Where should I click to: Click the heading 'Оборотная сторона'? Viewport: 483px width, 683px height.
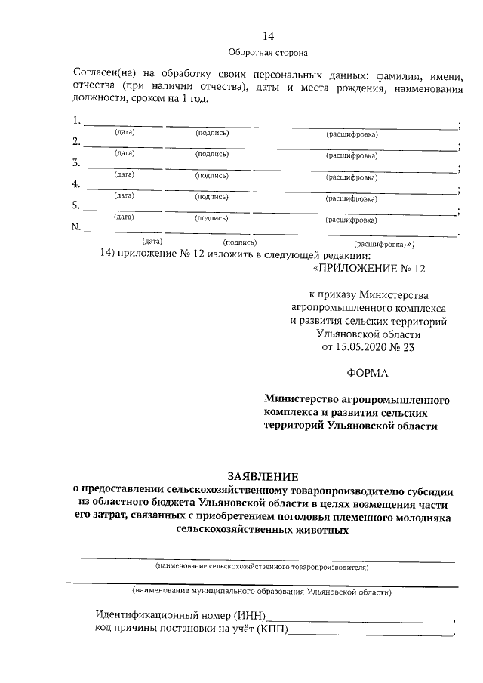pos(268,52)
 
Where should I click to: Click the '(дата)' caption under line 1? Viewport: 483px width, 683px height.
pos(125,133)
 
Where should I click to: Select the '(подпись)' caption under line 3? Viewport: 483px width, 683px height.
pos(211,174)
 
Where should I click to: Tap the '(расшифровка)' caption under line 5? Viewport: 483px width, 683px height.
pos(352,220)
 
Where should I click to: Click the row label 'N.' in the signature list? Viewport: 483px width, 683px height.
pos(76,226)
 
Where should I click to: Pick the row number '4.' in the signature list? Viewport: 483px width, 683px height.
pos(76,184)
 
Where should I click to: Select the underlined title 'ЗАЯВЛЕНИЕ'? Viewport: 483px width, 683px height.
pos(263,475)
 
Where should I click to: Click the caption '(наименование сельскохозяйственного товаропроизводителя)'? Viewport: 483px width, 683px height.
pos(261,565)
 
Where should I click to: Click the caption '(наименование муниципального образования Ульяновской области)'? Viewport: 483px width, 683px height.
pos(261,592)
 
